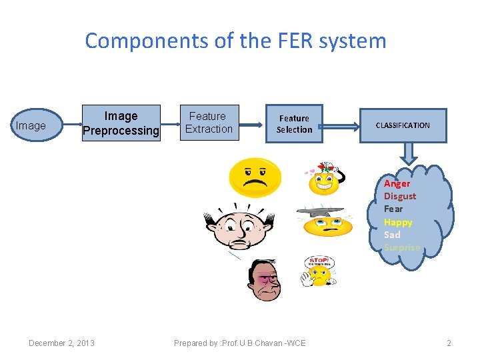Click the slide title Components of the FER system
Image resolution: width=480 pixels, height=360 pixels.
click(235, 41)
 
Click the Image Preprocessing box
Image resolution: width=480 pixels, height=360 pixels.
click(121, 123)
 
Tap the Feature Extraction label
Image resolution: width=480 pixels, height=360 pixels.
click(208, 123)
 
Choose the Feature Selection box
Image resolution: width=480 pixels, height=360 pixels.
click(294, 124)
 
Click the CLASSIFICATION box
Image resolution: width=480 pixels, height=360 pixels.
click(403, 125)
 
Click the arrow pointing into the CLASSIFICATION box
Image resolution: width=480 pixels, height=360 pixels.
click(341, 125)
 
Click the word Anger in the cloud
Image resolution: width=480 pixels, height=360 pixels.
click(397, 183)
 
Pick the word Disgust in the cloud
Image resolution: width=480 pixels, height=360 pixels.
click(399, 196)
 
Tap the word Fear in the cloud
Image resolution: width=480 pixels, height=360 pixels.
click(393, 209)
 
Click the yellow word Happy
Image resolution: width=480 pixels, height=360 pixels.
click(398, 222)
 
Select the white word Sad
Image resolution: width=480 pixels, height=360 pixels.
click(392, 235)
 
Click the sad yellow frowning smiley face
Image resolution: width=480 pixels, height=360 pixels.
click(255, 177)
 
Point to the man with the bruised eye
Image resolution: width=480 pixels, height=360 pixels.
click(266, 280)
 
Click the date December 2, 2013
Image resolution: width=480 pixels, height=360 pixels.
click(61, 343)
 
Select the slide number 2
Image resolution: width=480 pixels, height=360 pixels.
click(449, 343)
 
